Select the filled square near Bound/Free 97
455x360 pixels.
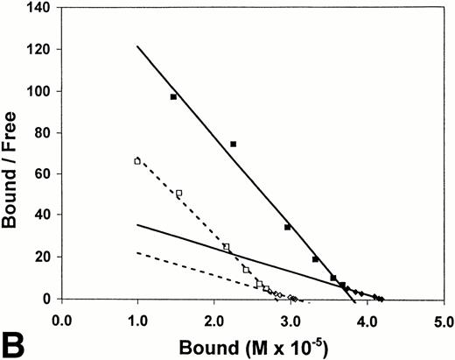pyautogui.click(x=173, y=97)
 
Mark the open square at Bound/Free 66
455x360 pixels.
pyautogui.click(x=137, y=161)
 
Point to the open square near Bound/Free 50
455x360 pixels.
pyautogui.click(x=178, y=193)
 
